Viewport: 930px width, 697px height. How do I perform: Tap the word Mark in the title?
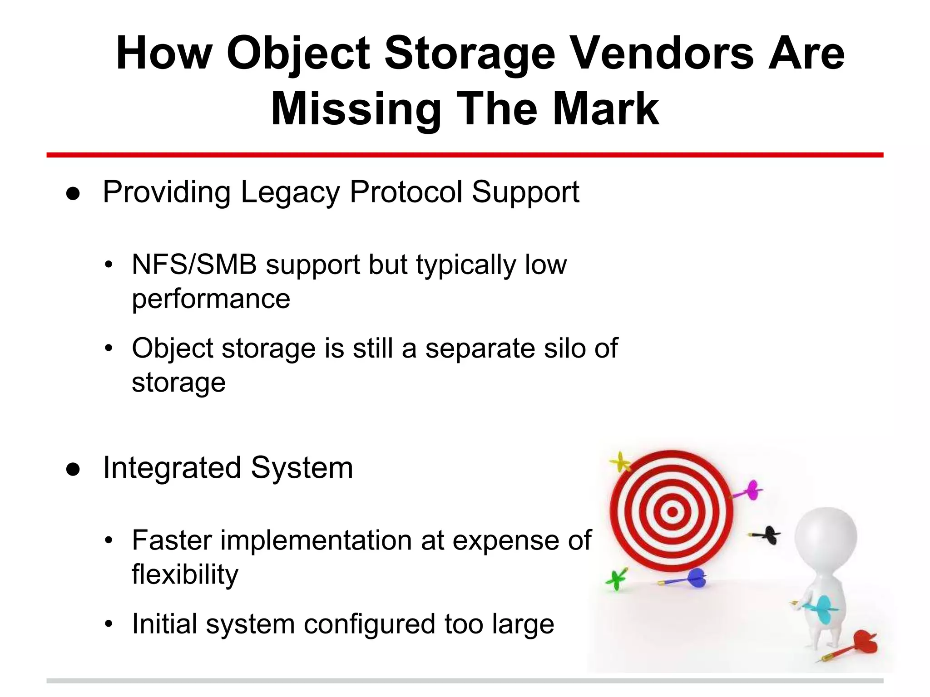(605, 109)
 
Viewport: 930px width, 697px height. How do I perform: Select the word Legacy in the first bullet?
(290, 192)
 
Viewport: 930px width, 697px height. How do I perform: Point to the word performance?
(211, 299)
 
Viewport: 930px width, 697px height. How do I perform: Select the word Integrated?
(172, 468)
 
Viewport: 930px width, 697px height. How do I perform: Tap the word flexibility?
(185, 574)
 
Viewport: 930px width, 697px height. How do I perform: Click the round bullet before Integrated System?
(73, 470)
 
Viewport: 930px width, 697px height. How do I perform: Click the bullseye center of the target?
(673, 512)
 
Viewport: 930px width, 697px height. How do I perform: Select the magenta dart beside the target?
(752, 491)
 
